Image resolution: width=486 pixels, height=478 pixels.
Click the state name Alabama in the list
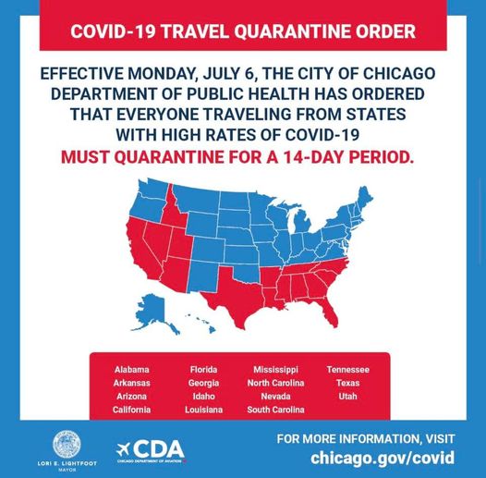(x=131, y=370)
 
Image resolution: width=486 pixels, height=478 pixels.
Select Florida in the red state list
(x=203, y=370)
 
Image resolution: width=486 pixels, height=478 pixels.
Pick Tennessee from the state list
(x=347, y=370)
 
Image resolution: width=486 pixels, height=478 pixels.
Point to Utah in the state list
(x=347, y=397)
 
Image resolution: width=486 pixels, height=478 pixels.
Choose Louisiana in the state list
(x=203, y=410)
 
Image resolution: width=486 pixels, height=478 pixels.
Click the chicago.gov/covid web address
(x=382, y=458)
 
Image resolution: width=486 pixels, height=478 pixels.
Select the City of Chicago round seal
(x=67, y=444)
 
